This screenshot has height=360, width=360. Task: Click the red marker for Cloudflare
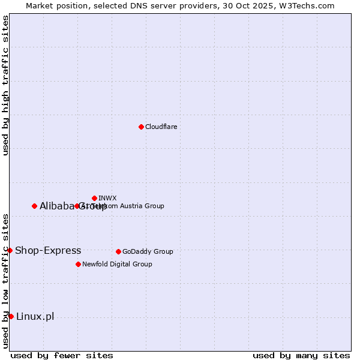(141, 127)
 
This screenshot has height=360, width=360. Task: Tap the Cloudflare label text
(161, 127)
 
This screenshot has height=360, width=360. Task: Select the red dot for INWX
(94, 198)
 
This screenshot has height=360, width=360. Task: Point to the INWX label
(107, 198)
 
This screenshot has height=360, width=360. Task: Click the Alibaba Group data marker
(34, 206)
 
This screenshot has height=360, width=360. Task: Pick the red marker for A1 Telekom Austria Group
(77, 206)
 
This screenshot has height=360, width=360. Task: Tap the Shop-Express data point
(10, 250)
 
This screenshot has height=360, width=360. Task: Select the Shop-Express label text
(48, 250)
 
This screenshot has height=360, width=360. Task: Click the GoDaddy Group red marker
(118, 251)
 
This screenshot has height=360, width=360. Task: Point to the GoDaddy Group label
(148, 251)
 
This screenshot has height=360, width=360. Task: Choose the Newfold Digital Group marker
(78, 264)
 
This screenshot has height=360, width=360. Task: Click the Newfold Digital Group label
(117, 264)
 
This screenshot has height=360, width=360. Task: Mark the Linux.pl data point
(11, 316)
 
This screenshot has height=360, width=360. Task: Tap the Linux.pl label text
(35, 316)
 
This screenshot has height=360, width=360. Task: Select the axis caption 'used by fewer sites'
(62, 355)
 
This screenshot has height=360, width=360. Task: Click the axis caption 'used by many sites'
(301, 355)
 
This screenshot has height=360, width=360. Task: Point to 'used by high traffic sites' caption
(6, 85)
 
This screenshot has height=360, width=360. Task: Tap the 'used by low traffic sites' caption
(6, 281)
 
